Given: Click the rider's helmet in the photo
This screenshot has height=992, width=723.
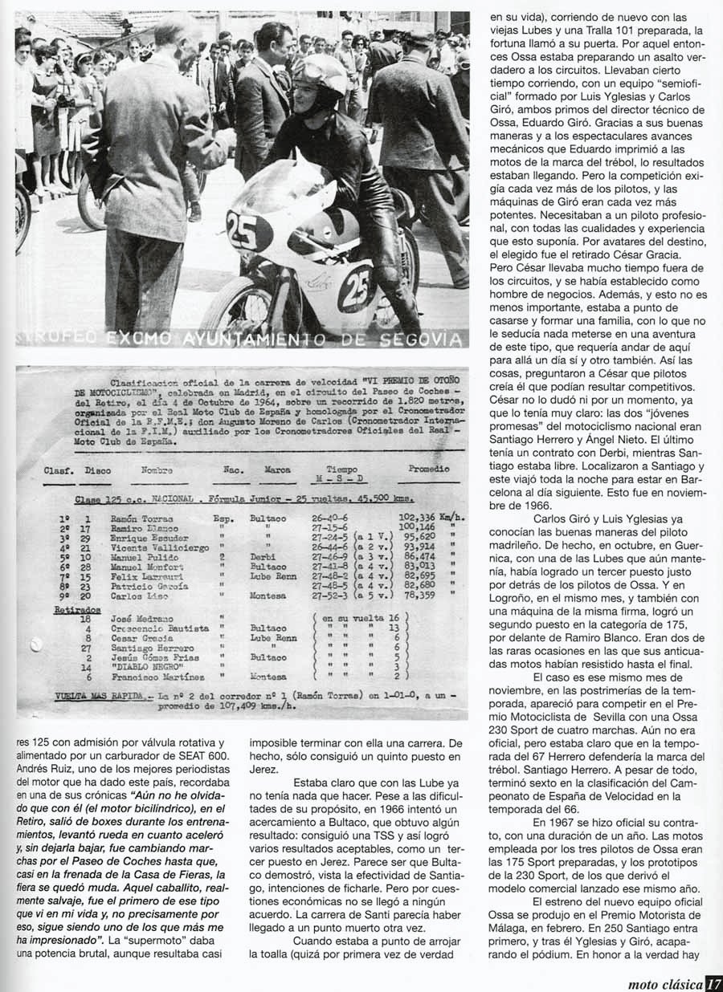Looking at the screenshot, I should click(319, 84).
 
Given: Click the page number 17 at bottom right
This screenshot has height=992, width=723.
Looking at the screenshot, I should click(713, 983).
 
